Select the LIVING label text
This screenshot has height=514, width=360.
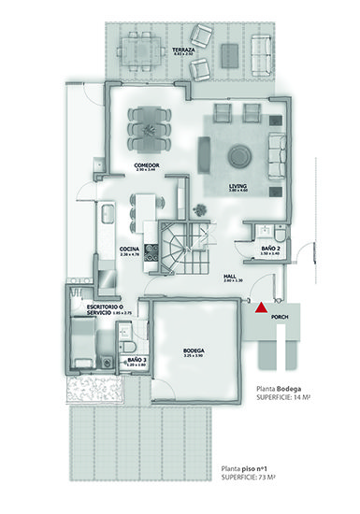click(238, 186)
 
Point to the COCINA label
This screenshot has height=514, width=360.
click(129, 248)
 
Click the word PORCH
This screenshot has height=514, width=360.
click(279, 318)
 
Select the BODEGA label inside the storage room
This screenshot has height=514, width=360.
click(194, 351)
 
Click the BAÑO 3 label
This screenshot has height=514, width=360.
click(135, 359)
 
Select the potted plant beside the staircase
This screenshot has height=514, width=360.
click(199, 207)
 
